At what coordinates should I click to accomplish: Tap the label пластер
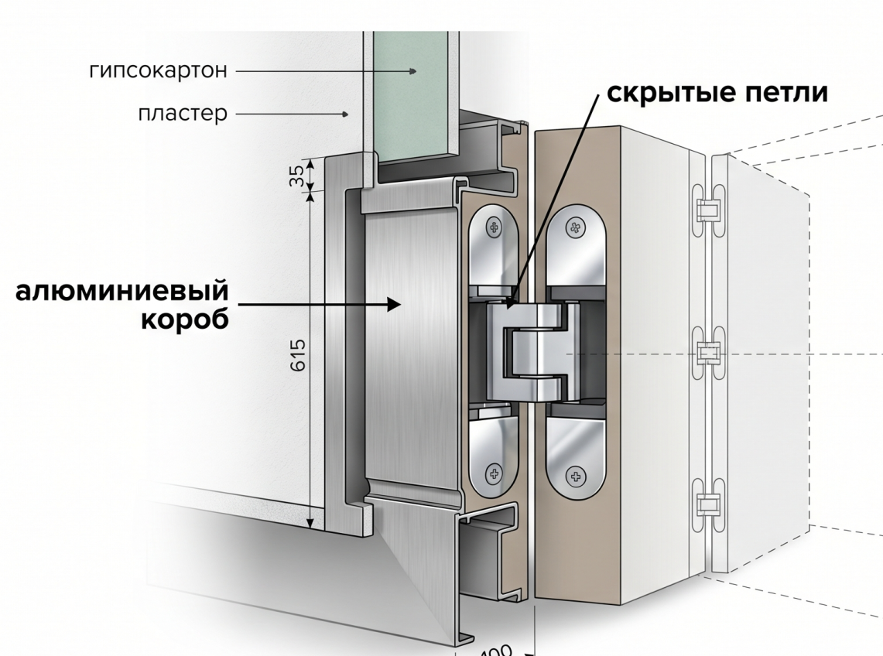click(x=183, y=114)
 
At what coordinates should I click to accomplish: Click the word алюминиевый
click(x=123, y=292)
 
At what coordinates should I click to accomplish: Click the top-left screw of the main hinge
click(x=494, y=227)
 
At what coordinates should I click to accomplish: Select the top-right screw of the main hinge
click(x=574, y=227)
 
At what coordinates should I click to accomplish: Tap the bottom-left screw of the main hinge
click(x=493, y=473)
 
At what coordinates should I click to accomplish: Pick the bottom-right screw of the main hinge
click(x=574, y=476)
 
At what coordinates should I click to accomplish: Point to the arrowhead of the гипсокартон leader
click(x=413, y=71)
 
